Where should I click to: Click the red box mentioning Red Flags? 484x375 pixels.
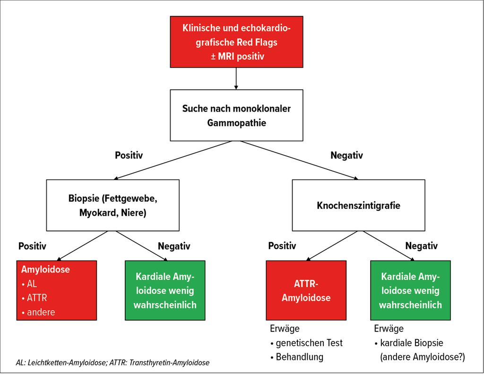(236, 42)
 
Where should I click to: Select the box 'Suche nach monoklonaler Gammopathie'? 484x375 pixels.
(236, 115)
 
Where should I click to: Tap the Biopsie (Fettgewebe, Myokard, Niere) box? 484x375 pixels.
(113, 205)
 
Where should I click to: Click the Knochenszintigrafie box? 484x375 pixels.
(358, 205)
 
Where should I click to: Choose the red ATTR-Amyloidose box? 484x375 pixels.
(306, 290)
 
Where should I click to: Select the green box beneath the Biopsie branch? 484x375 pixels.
(165, 290)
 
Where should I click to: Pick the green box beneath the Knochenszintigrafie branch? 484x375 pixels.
(410, 290)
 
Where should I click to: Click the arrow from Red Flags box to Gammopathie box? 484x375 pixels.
(236, 78)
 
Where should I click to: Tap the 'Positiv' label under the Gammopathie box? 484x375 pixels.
(129, 155)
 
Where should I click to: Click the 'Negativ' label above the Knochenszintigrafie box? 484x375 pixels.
(346, 155)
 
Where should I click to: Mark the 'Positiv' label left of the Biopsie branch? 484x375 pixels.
(32, 246)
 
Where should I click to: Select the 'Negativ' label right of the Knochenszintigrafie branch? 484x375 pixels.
(422, 246)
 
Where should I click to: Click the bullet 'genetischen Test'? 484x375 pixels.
(309, 343)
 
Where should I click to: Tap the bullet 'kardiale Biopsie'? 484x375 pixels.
(412, 343)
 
